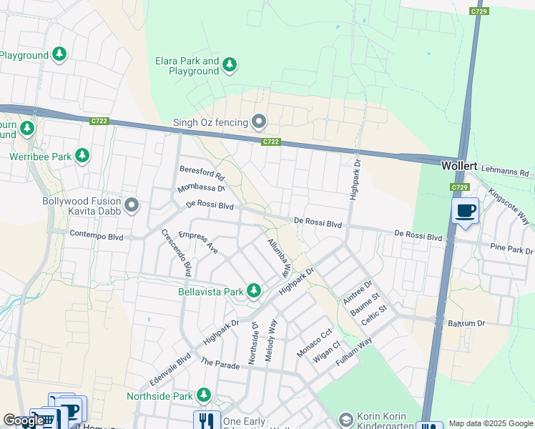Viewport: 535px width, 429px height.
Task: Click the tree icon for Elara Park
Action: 230,66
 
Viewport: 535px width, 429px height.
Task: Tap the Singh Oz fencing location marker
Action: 259,122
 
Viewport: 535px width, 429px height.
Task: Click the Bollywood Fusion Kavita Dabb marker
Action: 132,206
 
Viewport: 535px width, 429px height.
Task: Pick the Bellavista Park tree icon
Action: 253,291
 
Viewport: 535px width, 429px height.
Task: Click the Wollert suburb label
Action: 458,165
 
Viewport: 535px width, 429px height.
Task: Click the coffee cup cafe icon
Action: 465,211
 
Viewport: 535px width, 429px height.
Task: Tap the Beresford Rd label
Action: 201,172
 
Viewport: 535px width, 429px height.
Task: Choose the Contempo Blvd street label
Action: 97,235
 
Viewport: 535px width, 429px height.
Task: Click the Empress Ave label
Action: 198,243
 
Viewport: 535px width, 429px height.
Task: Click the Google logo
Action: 24,421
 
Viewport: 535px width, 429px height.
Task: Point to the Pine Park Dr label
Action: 511,251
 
